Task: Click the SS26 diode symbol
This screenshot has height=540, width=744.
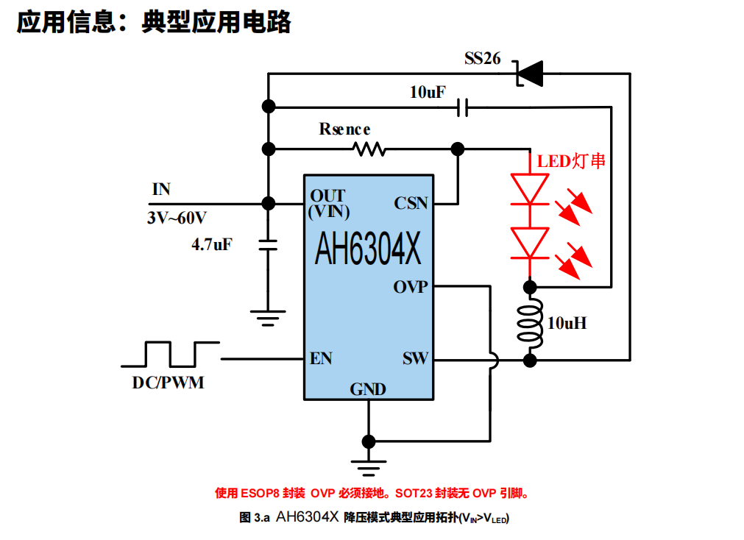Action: (x=529, y=73)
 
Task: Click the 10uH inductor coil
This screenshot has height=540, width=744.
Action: (x=529, y=323)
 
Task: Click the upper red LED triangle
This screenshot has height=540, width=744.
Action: (x=529, y=188)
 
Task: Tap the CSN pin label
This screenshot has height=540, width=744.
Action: (x=411, y=203)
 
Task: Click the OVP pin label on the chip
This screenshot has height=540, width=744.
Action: (x=410, y=287)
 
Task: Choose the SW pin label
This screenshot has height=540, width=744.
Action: (x=415, y=359)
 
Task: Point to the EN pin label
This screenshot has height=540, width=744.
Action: (x=321, y=359)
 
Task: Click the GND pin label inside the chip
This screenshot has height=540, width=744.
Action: (x=368, y=389)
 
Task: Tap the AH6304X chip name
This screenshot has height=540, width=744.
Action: (x=368, y=249)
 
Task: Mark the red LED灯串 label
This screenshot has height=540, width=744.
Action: (x=571, y=161)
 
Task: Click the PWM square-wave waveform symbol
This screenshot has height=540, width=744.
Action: (x=171, y=354)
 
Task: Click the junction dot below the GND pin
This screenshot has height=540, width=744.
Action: (x=368, y=441)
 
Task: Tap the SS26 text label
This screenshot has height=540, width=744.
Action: (x=482, y=58)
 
